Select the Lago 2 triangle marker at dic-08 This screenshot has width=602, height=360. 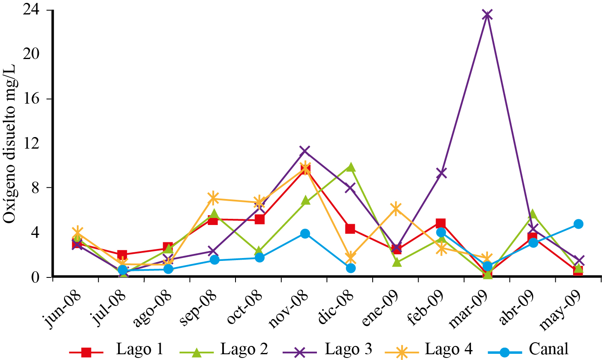click(350, 167)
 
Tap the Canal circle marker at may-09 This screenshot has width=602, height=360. click(578, 224)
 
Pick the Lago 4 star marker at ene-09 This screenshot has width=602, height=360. click(396, 208)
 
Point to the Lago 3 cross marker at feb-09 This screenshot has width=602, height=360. click(441, 173)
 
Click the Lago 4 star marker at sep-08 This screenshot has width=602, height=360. click(214, 199)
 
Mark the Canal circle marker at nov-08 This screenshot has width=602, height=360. click(305, 234)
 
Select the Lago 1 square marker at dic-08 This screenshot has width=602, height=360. click(350, 229)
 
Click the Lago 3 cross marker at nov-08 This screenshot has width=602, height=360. click(305, 151)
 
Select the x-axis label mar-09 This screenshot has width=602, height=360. click(467, 309)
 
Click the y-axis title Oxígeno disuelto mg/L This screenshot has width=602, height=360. click(10, 144)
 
